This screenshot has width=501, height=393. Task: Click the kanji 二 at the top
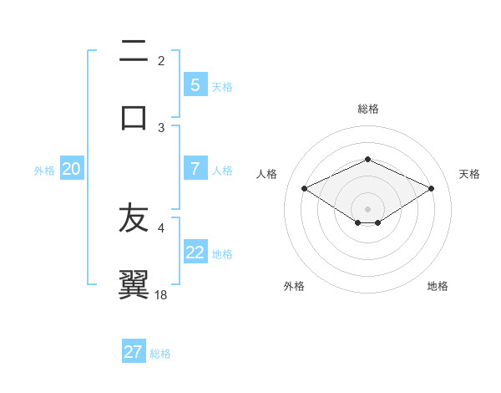click(x=134, y=53)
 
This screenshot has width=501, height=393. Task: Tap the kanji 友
click(x=134, y=219)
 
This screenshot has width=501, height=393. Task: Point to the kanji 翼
click(x=134, y=284)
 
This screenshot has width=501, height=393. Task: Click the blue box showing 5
click(x=195, y=84)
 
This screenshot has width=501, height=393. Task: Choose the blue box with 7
click(x=195, y=168)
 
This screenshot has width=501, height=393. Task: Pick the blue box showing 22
click(x=195, y=252)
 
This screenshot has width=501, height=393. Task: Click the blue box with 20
click(x=71, y=169)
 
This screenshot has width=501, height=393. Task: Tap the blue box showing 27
click(x=134, y=352)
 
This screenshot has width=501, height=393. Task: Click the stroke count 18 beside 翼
click(x=162, y=294)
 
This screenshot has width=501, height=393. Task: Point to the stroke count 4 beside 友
click(x=161, y=227)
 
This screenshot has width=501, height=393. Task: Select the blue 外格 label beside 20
click(x=44, y=170)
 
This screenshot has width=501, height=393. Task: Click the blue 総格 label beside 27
click(x=160, y=354)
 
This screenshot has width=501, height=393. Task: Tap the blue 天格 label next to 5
click(x=222, y=86)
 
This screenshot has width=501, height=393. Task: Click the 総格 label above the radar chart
click(x=367, y=109)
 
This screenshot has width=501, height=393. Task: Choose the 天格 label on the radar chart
click(x=469, y=174)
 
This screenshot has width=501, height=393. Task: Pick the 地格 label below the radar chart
click(x=438, y=286)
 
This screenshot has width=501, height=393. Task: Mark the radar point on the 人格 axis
click(x=304, y=188)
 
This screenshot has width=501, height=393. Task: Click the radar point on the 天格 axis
click(x=431, y=188)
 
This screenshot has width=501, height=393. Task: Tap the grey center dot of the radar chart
click(x=367, y=208)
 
